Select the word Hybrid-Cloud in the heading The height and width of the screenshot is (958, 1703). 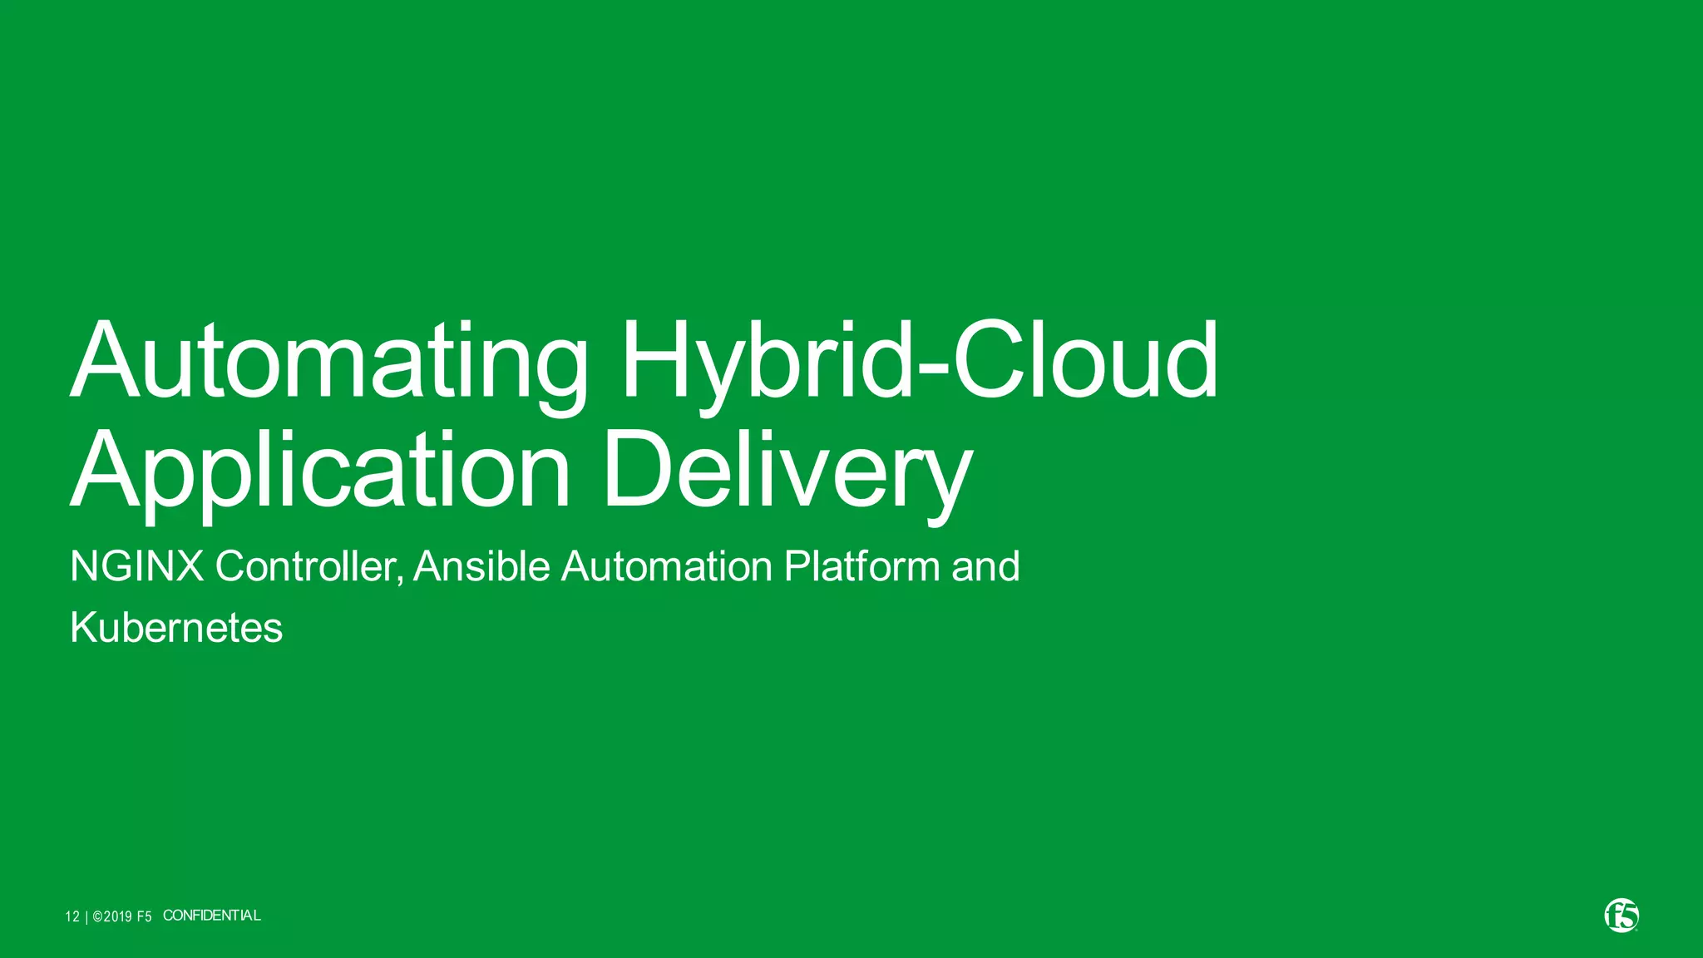919,363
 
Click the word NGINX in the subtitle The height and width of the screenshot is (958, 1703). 137,567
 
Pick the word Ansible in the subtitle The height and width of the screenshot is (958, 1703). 481,567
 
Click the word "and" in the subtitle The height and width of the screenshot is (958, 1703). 985,567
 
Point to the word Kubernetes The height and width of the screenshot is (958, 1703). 176,628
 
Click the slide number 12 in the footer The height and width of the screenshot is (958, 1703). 72,916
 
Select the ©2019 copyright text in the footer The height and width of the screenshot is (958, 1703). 112,916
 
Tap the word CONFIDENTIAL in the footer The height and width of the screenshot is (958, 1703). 212,916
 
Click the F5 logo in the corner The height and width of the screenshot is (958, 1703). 1621,916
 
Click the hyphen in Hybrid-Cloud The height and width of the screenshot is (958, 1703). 932,369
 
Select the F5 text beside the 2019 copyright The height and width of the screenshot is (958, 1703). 144,916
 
